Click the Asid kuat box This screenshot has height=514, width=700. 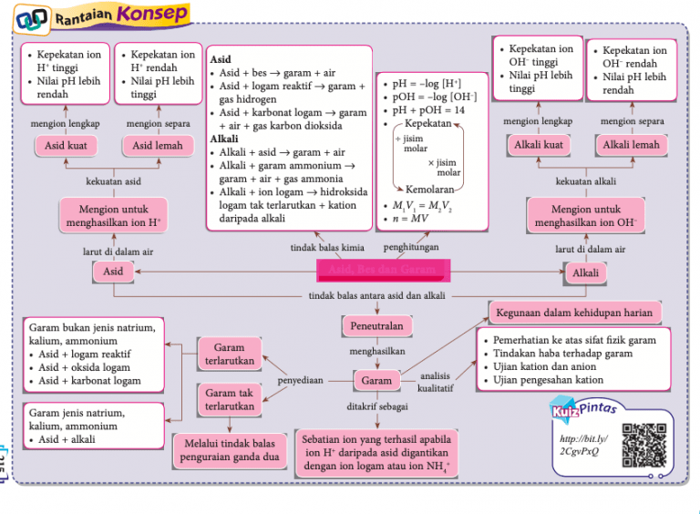pyautogui.click(x=66, y=145)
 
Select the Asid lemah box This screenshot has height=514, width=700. pyautogui.click(x=158, y=145)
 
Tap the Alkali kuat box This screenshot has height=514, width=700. pyautogui.click(x=539, y=145)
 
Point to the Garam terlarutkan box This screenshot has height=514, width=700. pyautogui.click(x=229, y=355)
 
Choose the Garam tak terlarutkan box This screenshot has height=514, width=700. pyautogui.click(x=229, y=399)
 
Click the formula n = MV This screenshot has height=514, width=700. pyautogui.click(x=407, y=220)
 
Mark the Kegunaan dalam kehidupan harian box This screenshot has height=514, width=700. pyautogui.click(x=574, y=313)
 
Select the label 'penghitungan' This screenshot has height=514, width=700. pyautogui.click(x=410, y=247)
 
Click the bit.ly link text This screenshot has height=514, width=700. pyautogui.click(x=581, y=446)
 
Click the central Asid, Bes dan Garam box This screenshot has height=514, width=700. pyautogui.click(x=381, y=270)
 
